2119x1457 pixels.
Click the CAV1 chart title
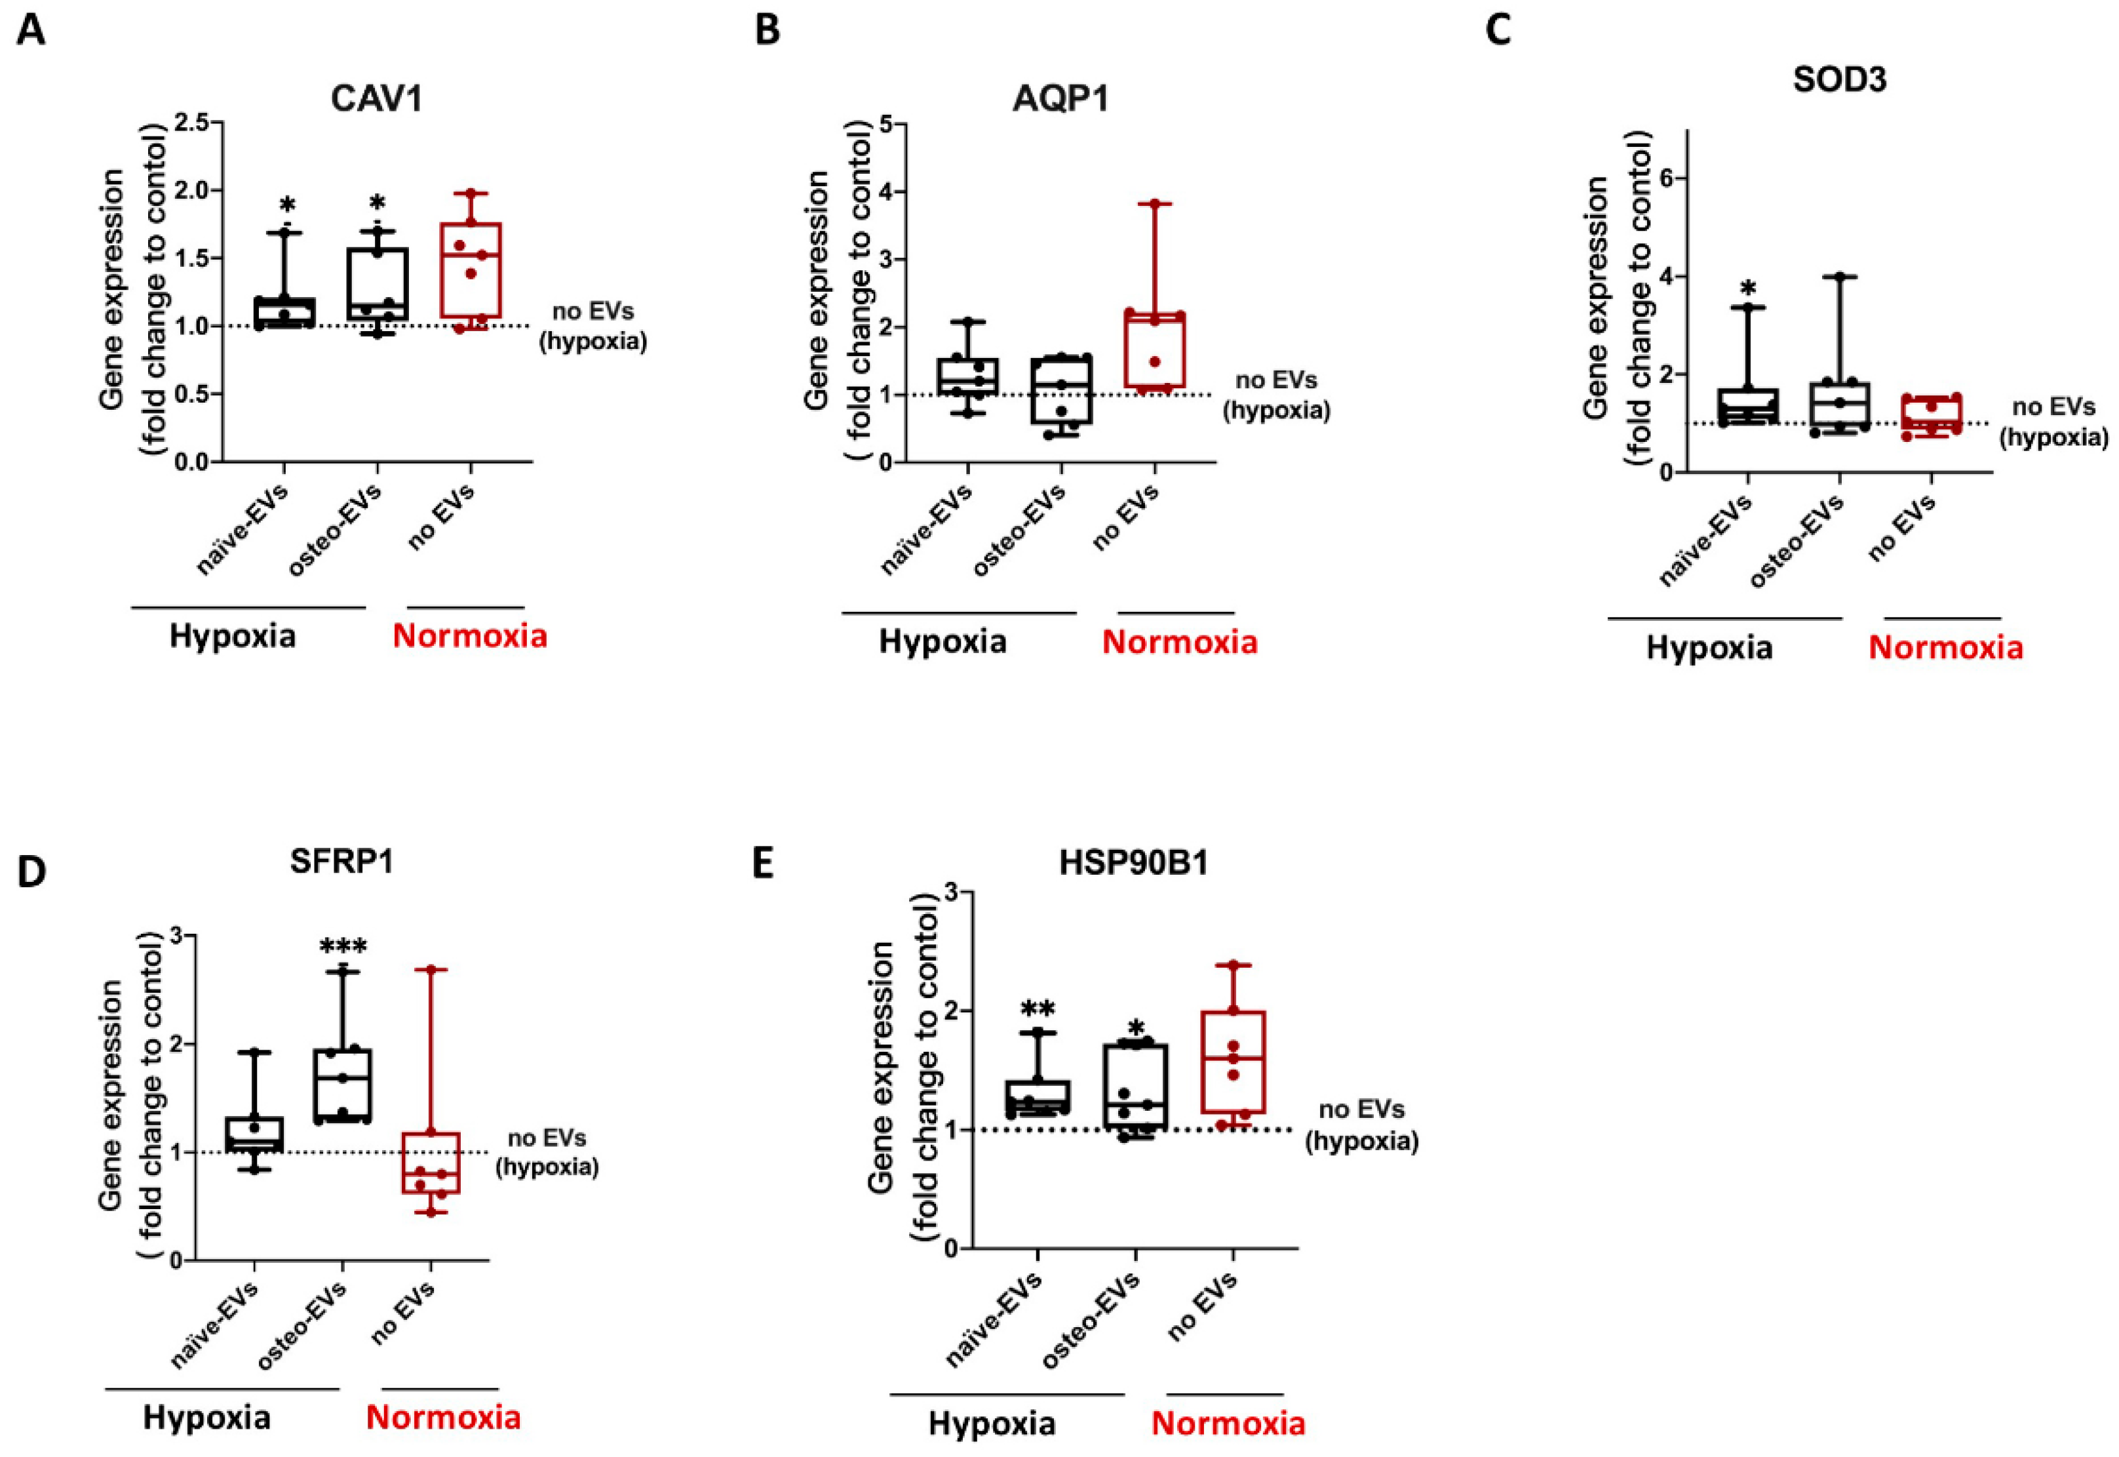[x=377, y=98]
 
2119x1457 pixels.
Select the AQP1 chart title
[x=1060, y=98]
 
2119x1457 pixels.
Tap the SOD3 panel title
[x=1839, y=79]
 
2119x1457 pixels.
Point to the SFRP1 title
[x=341, y=861]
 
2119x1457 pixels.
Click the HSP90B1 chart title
[x=1133, y=863]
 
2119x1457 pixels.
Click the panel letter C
[x=1498, y=31]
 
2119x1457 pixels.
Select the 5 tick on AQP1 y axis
[x=884, y=124]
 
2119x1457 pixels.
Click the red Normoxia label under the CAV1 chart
[x=470, y=635]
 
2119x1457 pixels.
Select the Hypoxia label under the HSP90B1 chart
[x=992, y=1423]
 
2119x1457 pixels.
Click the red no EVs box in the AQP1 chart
[x=1154, y=349]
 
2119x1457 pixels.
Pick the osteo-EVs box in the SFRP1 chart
[x=342, y=1085]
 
